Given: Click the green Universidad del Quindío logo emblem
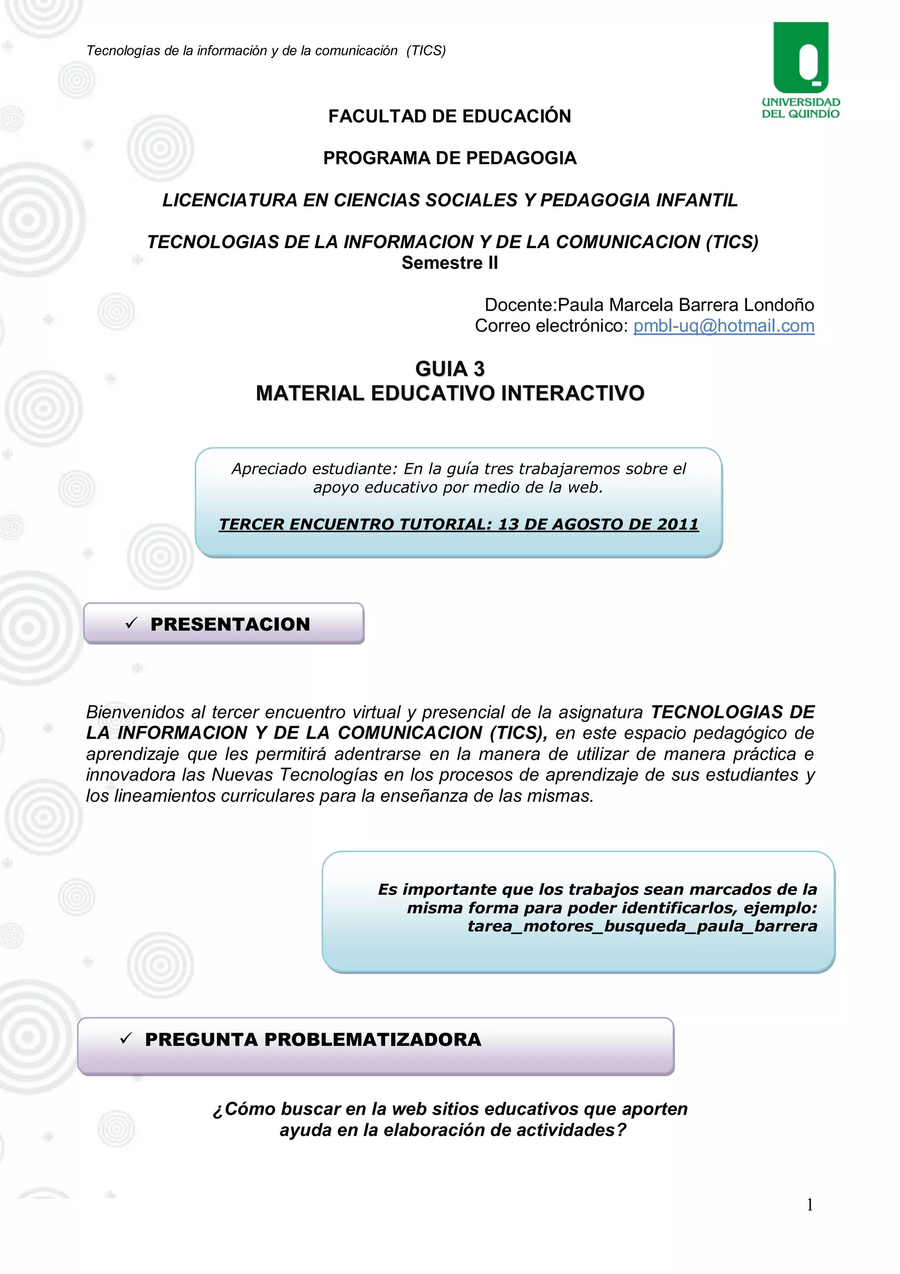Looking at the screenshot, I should (x=800, y=58).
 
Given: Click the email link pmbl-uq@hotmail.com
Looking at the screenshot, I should (x=724, y=326).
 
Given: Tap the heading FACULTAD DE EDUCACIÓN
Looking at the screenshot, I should (x=450, y=116).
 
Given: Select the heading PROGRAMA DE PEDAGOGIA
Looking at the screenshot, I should (x=450, y=158).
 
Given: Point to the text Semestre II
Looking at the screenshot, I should (x=450, y=263).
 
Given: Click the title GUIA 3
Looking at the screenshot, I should (x=450, y=369).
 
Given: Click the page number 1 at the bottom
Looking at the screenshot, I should (x=809, y=1204).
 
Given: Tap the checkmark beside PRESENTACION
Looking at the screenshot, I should (x=131, y=624).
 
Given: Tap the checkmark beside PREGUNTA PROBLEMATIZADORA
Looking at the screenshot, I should (x=126, y=1039).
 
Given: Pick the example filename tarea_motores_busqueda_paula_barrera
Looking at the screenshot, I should (x=642, y=926).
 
